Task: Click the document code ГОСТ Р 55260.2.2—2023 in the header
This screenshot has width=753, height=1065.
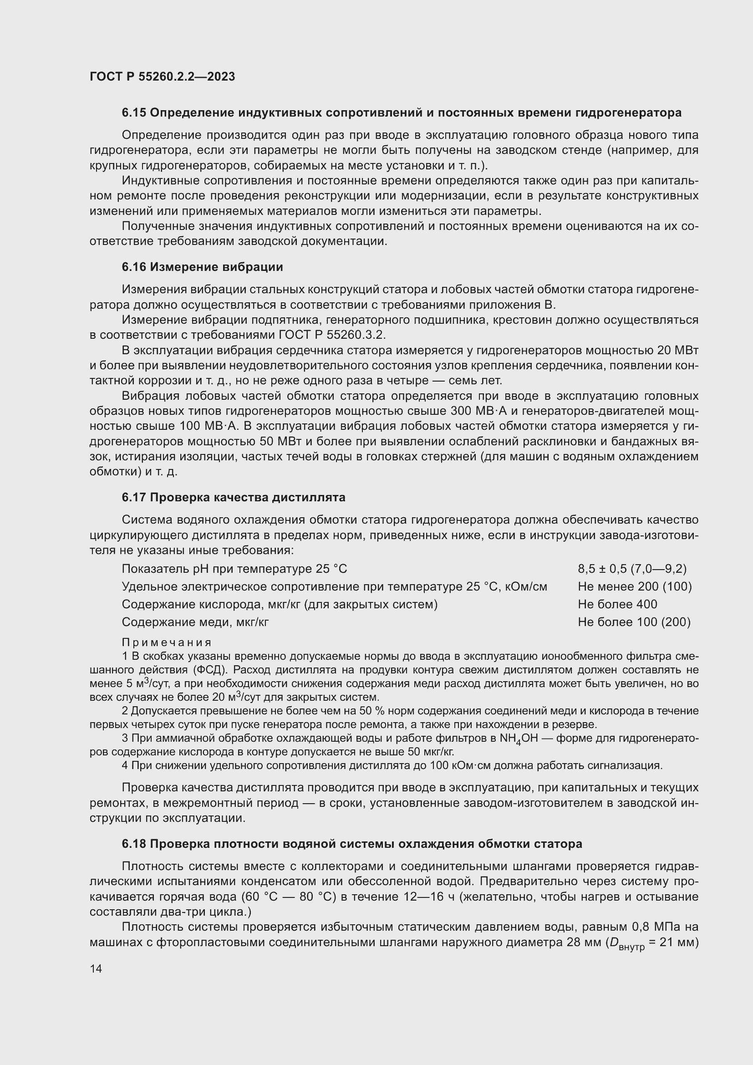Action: [162, 76]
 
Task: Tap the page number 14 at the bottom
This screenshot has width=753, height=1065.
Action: [96, 968]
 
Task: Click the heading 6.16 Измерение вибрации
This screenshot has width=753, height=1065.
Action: [202, 267]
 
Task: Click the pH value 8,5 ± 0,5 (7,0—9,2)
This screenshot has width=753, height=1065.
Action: [632, 569]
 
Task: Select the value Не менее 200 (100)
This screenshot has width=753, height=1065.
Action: [635, 587]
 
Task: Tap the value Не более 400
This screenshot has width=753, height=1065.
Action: [617, 604]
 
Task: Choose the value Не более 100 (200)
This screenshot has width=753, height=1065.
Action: [634, 622]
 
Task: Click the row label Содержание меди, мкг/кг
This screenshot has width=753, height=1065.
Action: [195, 622]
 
